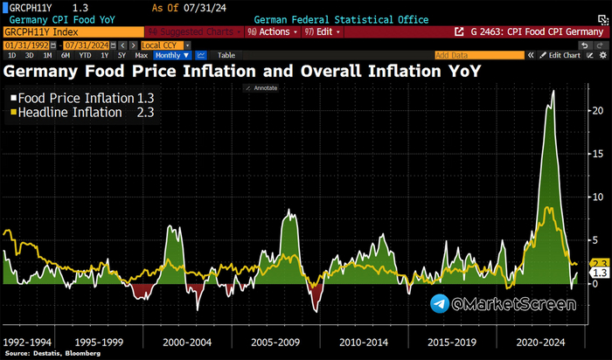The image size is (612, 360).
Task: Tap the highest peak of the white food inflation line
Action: click(x=552, y=91)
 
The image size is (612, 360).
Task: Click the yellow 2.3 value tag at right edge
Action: click(x=600, y=263)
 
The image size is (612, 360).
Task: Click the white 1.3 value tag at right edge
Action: click(x=600, y=273)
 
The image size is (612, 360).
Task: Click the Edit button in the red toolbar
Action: click(x=321, y=31)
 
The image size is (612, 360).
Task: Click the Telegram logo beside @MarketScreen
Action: click(x=441, y=303)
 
